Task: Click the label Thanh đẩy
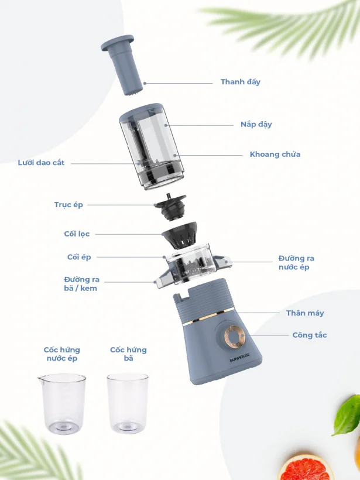point(241,82)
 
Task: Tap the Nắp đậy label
point(256,124)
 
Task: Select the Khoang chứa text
point(275,155)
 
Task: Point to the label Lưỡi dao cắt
point(41,163)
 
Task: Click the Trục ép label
point(68,205)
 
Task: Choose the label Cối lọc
point(77,234)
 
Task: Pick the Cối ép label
point(79,257)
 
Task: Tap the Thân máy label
point(305,313)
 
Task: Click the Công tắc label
point(310,335)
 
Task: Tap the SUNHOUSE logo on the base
point(239,358)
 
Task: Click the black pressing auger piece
point(170,207)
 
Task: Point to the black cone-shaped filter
point(179,235)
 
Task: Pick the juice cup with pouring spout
point(62,403)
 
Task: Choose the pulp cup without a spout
point(128,403)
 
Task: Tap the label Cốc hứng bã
point(129,354)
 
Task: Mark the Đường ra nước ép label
point(296,263)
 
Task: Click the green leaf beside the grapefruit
point(347,415)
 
